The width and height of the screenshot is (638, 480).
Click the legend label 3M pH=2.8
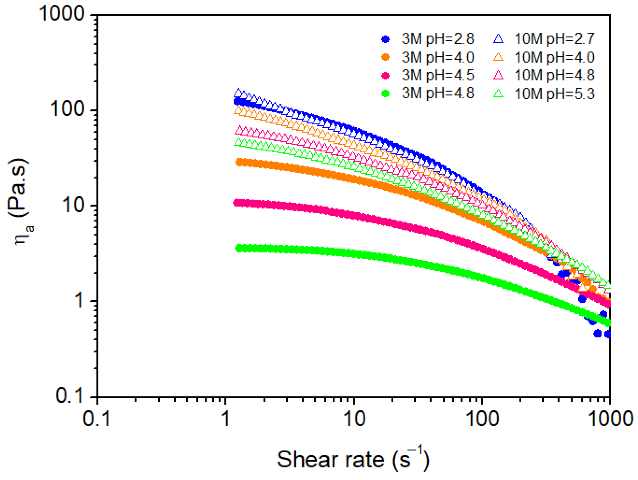tap(438, 39)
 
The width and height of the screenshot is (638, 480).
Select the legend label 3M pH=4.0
tap(438, 57)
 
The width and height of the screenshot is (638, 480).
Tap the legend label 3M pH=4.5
tap(438, 75)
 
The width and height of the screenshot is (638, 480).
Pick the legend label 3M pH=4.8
tap(438, 94)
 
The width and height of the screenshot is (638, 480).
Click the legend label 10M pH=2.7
tap(554, 39)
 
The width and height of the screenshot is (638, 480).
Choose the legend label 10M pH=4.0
tap(554, 57)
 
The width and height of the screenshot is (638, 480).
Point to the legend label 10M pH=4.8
tap(554, 75)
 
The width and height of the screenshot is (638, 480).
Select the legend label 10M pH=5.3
tap(554, 94)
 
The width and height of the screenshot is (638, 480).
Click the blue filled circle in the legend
tap(385, 39)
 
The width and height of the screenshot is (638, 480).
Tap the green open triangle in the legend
tap(499, 94)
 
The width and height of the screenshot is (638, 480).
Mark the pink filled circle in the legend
tap(385, 76)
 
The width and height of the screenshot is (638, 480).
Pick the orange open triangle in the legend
tap(499, 57)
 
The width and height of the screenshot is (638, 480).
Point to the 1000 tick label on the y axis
tap(62, 14)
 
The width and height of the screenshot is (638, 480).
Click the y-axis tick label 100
tap(67, 110)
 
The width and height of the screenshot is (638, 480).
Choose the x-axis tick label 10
tap(354, 419)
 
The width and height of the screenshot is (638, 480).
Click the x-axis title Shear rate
tap(353, 459)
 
